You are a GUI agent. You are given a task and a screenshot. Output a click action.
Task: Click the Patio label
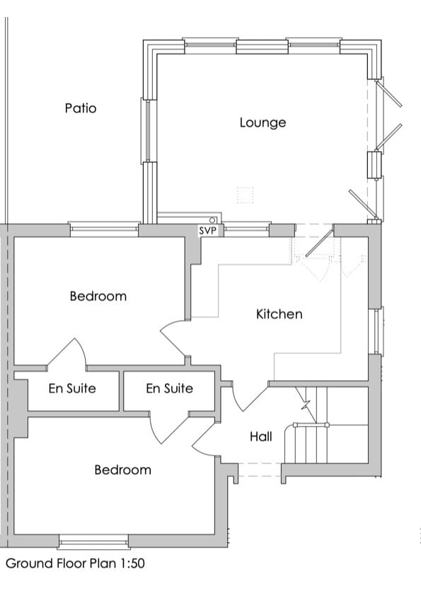point(81,108)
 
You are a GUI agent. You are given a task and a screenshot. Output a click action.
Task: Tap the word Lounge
point(263,122)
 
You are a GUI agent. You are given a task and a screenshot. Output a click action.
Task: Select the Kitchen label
point(279,314)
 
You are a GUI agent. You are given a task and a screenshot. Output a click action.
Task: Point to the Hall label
point(260,437)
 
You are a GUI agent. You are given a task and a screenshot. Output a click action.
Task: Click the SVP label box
point(207,231)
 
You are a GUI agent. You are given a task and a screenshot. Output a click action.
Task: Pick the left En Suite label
point(72,389)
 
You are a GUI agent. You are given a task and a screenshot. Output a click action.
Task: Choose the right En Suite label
point(169,389)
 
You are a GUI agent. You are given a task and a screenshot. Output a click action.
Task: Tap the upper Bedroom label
point(98,296)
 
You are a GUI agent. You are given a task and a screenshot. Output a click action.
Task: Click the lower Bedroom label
point(122,469)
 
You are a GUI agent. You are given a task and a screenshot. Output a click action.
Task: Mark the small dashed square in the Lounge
point(245,195)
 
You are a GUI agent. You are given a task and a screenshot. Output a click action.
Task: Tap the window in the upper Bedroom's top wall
point(104,229)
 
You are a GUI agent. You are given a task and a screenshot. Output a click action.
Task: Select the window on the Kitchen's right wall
point(377,331)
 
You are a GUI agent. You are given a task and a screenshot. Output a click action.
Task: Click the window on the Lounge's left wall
point(149,131)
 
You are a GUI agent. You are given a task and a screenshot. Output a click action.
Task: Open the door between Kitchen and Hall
point(248,396)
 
